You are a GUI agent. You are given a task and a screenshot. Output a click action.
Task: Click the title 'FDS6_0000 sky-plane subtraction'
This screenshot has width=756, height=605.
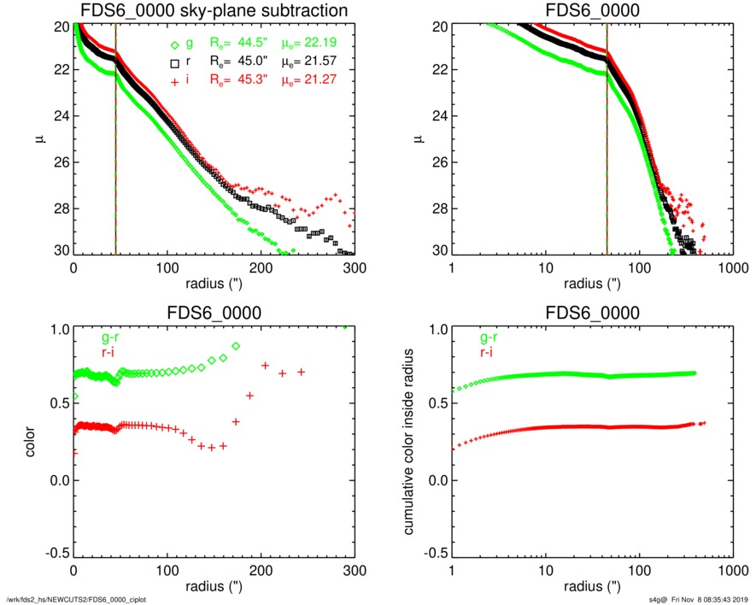[214, 11]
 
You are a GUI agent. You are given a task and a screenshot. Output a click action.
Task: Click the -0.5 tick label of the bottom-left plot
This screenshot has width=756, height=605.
[56, 553]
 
